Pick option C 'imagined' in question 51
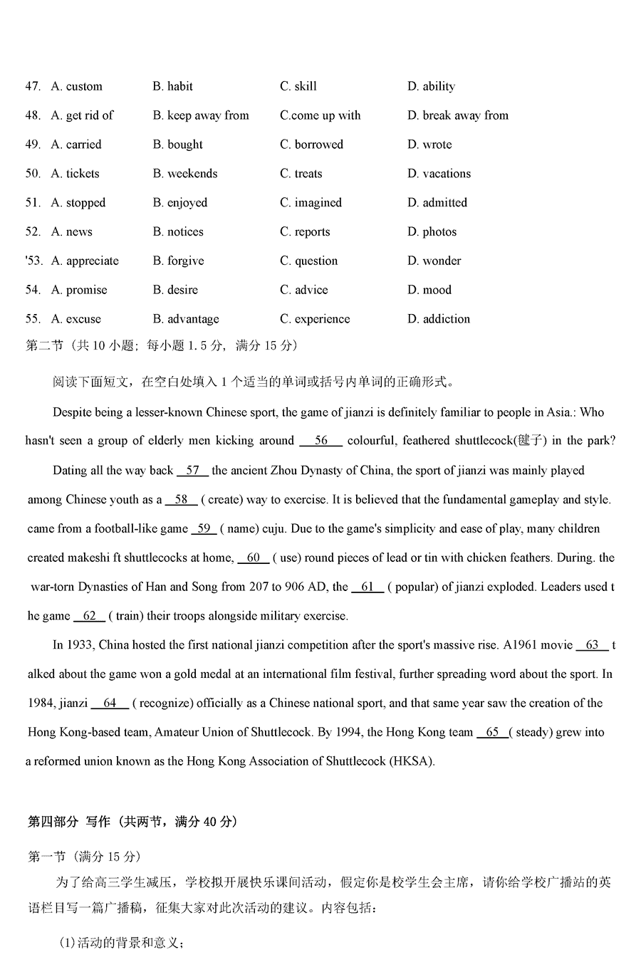(x=311, y=203)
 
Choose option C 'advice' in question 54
(x=304, y=291)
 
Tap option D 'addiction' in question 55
(x=439, y=320)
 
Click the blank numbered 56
(x=321, y=441)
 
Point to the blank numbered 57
(x=192, y=471)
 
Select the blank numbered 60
(x=254, y=558)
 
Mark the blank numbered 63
(x=593, y=645)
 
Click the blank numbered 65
(x=492, y=733)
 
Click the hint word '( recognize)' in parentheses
(x=163, y=704)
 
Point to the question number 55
(x=33, y=320)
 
